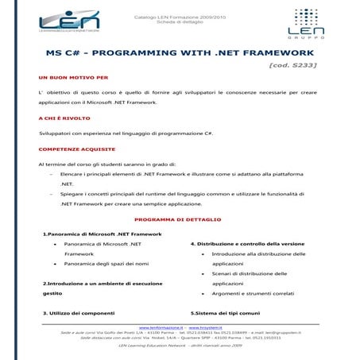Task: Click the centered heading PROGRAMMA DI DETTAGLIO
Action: pyautogui.click(x=177, y=219)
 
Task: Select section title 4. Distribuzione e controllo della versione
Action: pyautogui.click(x=246, y=243)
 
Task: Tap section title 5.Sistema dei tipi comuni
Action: pyautogui.click(x=225, y=312)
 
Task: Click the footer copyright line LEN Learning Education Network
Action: pyautogui.click(x=180, y=346)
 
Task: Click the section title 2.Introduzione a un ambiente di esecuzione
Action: pyautogui.click(x=99, y=282)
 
